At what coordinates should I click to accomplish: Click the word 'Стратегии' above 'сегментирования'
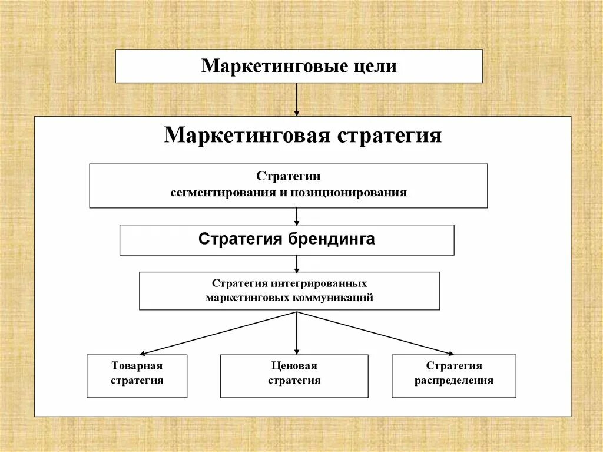coord(289,177)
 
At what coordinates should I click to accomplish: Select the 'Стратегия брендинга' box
coord(287,240)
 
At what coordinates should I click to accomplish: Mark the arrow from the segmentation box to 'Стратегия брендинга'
coord(297,216)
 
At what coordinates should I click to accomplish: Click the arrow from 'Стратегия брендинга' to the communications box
coord(297,263)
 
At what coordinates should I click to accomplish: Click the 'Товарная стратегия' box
coord(137,376)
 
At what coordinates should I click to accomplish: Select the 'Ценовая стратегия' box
coord(294,376)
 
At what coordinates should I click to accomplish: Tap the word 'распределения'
coord(453,381)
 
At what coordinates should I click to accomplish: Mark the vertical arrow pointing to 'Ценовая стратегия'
coord(297,333)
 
